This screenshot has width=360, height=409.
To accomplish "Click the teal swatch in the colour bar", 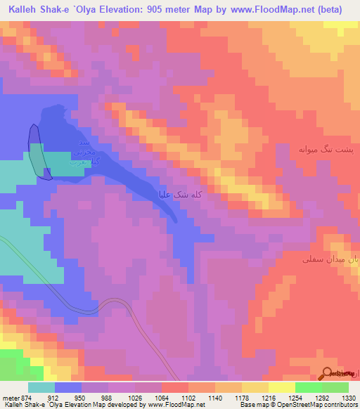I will tap(41, 388).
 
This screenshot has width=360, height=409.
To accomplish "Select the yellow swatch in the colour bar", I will tap(281, 388).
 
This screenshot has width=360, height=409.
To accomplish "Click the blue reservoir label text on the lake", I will tap(82, 152).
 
